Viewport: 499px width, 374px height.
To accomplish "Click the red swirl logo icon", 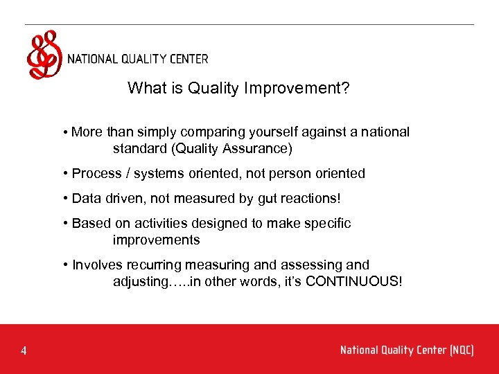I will click(x=44, y=55).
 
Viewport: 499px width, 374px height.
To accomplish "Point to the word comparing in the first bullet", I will click(x=205, y=132).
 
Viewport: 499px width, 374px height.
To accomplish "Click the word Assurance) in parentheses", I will click(x=264, y=148).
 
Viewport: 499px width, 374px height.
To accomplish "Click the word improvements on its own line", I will click(x=156, y=240).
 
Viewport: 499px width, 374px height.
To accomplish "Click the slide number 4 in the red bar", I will click(x=24, y=351).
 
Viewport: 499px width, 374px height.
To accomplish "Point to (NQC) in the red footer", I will click(x=461, y=350).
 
